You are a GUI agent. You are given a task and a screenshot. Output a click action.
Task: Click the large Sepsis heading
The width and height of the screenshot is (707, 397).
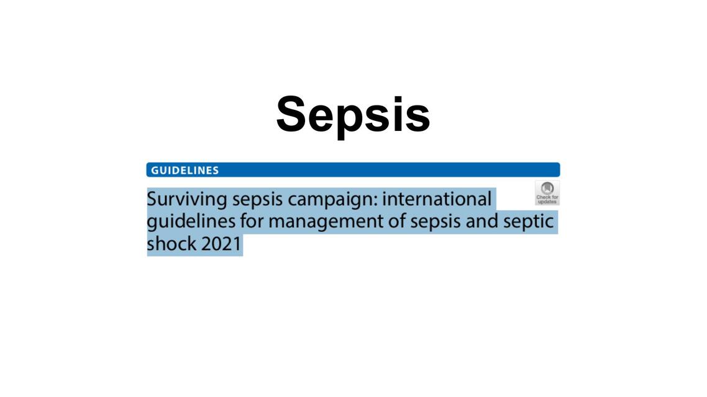coord(353,114)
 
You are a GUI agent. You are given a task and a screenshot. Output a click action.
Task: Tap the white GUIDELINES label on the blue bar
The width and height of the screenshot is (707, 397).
coord(185,170)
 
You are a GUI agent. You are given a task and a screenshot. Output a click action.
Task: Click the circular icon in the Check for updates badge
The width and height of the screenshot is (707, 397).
coord(547,188)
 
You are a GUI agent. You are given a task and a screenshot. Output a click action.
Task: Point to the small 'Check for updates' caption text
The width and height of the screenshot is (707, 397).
coord(547,199)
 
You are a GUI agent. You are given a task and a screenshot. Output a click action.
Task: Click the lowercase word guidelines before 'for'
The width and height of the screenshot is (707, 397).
coord(191,222)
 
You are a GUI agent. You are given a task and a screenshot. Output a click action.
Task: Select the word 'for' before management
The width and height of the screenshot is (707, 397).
coord(252,222)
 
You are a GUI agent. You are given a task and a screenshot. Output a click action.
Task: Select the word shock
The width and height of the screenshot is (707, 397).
coord(171,244)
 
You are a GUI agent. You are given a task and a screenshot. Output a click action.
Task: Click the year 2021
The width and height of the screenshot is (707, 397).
coord(221,244)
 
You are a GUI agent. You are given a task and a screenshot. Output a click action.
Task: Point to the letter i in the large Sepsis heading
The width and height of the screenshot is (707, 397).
coord(393,114)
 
